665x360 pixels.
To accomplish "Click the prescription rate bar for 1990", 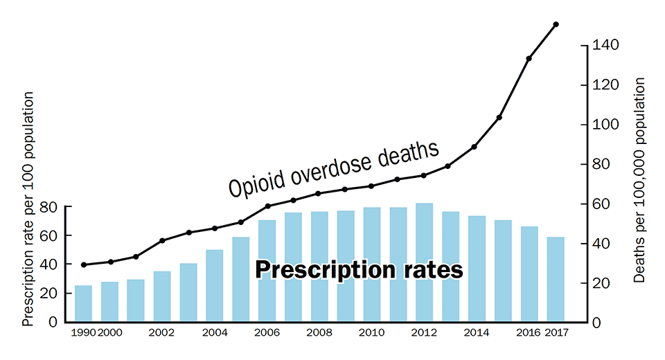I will (x=83, y=304).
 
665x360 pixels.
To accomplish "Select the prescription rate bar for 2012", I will (x=424, y=263).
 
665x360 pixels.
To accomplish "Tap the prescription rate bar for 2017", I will (x=556, y=280).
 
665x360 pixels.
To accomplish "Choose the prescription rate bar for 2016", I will (x=529, y=274).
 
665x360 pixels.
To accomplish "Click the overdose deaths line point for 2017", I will (x=556, y=24).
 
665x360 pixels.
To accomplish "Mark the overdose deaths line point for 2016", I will (x=529, y=58).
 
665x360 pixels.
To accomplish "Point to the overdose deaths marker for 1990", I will (x=83, y=264).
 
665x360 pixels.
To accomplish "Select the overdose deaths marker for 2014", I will (x=474, y=146).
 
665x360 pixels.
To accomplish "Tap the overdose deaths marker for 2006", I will (x=267, y=206).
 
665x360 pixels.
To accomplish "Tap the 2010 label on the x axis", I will (x=372, y=333).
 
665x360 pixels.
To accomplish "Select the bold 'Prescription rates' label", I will (x=358, y=270).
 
